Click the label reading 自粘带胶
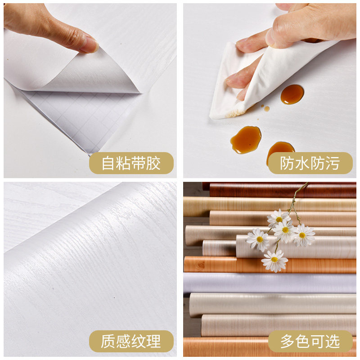pyautogui.click(x=131, y=163)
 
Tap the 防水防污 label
pyautogui.click(x=310, y=163)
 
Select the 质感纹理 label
pyautogui.click(x=131, y=341)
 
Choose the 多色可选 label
pyautogui.click(x=310, y=341)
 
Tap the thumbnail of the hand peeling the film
pyautogui.click(x=90, y=90)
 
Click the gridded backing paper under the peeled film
pyautogui.click(x=81, y=117)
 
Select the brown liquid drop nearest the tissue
pyautogui.click(x=292, y=94)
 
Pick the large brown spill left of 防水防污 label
pyautogui.click(x=246, y=139)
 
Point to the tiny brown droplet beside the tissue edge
pyautogui.click(x=266, y=108)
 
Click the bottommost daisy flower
pyautogui.click(x=274, y=261)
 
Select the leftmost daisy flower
pyautogui.click(x=258, y=239)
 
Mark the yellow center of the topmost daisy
pyautogui.click(x=279, y=219)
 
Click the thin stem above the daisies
pyautogui.click(x=297, y=198)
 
